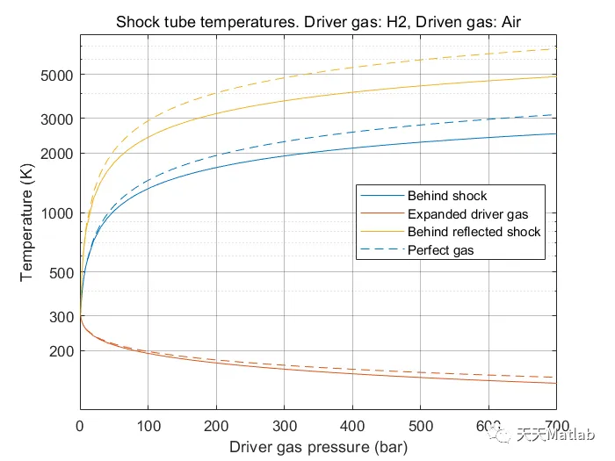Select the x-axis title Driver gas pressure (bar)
point(318,447)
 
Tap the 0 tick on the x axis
point(80,425)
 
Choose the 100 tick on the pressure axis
point(148,425)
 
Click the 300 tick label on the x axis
point(285,425)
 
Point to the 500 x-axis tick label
point(421,425)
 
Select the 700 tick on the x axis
point(556,425)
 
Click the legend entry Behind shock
point(446,195)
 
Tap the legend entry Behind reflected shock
point(474,232)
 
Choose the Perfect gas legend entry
point(441,250)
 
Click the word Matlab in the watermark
point(580,434)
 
